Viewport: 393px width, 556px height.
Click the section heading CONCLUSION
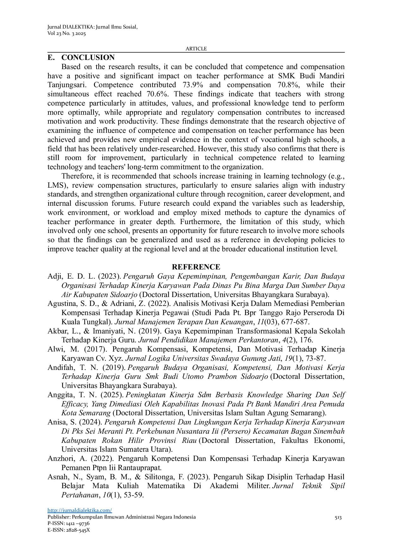tap(88, 57)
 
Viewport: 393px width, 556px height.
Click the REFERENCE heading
tap(196, 267)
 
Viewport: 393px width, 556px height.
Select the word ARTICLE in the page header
tap(196, 48)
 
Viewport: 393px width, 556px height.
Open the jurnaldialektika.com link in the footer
tap(80, 510)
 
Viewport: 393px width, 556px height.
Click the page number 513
tap(338, 517)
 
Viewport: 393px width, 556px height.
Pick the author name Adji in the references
tap(54, 276)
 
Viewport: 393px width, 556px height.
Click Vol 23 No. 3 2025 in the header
tap(66, 34)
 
